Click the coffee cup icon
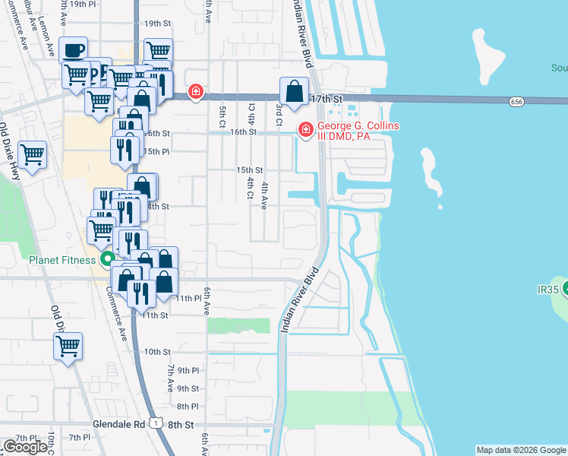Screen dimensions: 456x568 tap(73, 51)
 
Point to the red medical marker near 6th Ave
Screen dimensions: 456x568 tap(196, 93)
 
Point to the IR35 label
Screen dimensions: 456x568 tap(547, 290)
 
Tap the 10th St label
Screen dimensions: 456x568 tap(157, 352)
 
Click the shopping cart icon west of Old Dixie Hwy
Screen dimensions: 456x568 tap(33, 155)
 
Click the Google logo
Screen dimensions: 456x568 tap(25, 446)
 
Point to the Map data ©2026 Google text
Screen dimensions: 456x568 tap(520, 450)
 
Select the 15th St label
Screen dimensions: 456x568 tap(249, 170)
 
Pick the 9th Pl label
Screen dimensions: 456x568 tap(185, 370)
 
